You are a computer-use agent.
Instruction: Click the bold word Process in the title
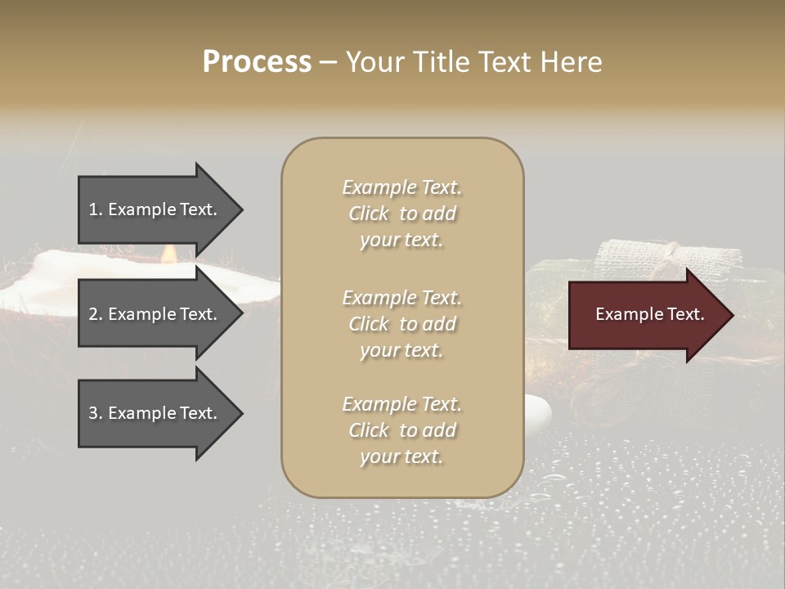(x=257, y=61)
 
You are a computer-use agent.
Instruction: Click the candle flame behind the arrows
(x=169, y=254)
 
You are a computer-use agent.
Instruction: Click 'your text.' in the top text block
(x=401, y=240)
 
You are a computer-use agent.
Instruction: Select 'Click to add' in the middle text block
(x=401, y=324)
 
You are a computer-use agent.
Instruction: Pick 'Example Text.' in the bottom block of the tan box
(x=401, y=404)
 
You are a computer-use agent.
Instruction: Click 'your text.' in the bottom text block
(x=401, y=456)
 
